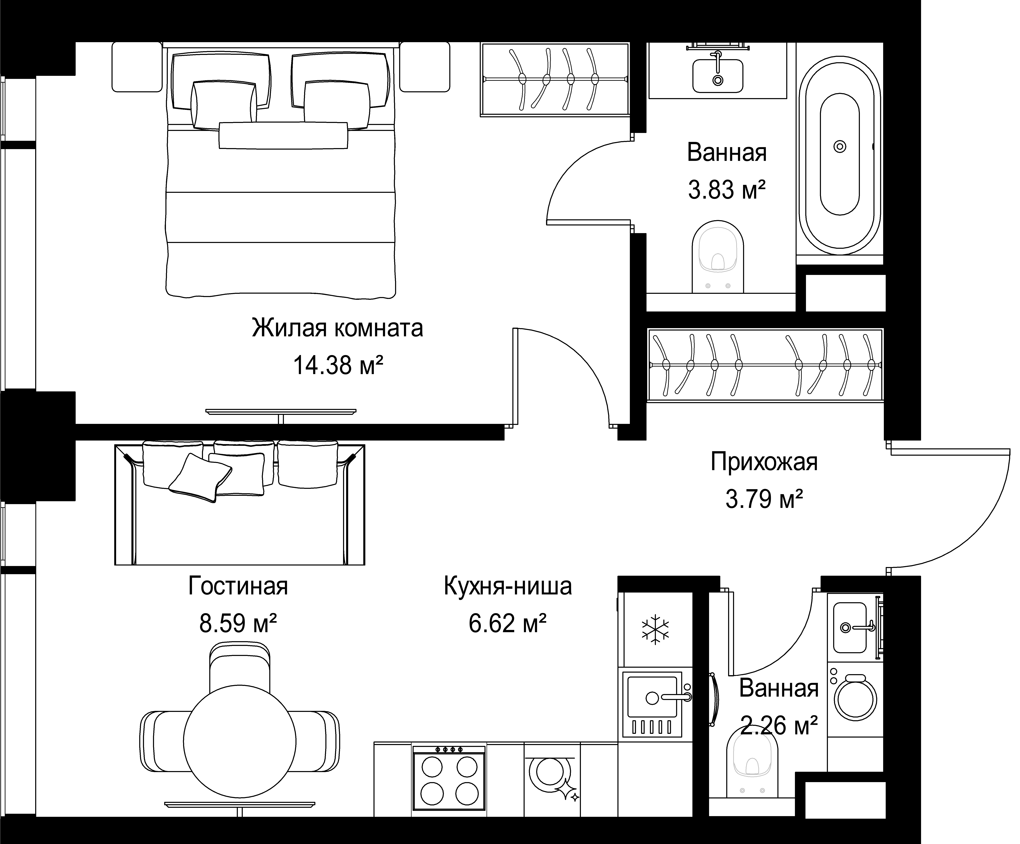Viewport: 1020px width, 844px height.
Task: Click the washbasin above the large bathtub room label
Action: (x=717, y=75)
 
